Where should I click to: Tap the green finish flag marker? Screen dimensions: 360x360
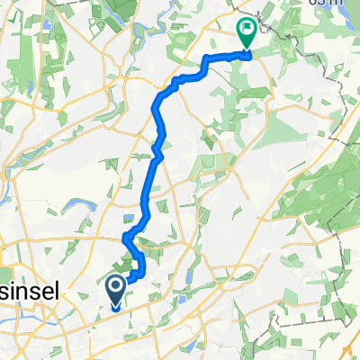click(246, 34)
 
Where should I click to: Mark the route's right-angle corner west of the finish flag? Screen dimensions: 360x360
click(207, 59)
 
